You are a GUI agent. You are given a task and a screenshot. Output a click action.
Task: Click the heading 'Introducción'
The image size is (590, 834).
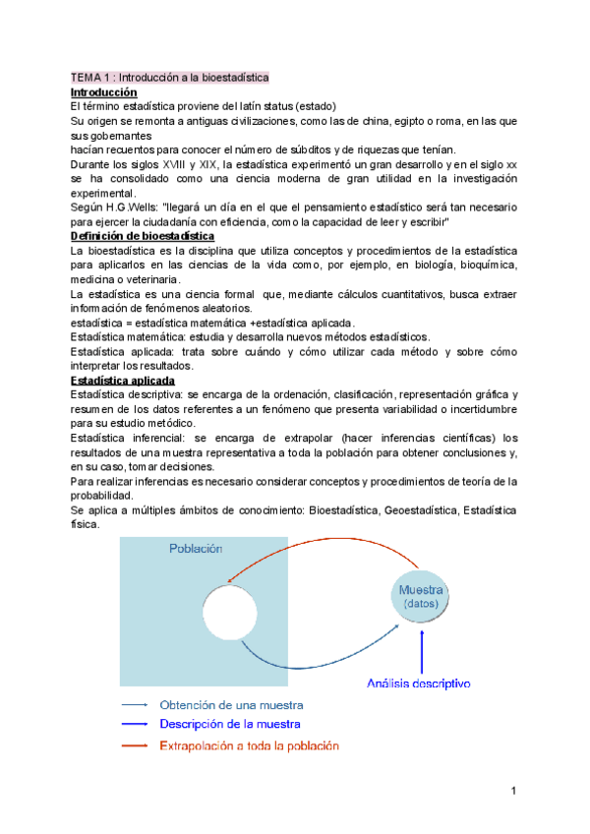click(103, 91)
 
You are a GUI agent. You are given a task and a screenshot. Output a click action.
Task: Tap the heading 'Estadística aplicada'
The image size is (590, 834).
click(123, 380)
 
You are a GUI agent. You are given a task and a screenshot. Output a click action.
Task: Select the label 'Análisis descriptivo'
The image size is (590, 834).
click(419, 682)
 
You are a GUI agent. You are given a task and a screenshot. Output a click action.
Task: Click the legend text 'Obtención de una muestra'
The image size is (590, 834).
click(231, 705)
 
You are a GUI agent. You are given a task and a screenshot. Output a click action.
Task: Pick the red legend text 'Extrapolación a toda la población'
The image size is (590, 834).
click(249, 745)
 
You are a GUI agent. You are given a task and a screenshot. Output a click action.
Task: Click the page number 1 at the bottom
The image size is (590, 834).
click(514, 790)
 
